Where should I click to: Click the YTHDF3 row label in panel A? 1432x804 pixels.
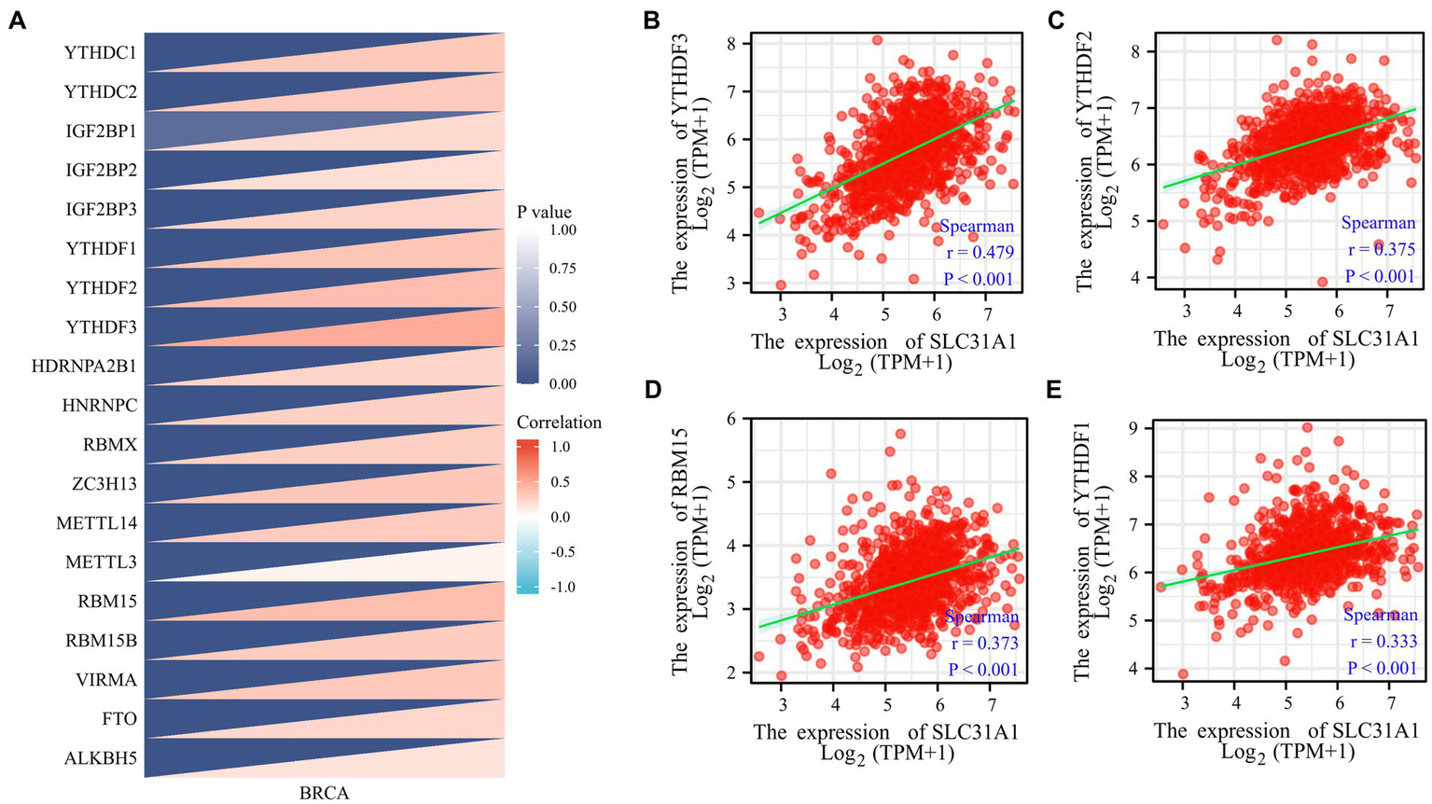point(101,327)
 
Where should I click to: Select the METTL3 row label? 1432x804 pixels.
point(101,562)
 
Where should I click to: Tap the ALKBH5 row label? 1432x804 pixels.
point(100,758)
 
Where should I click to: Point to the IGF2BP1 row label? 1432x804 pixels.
point(100,132)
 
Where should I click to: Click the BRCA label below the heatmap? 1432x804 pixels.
point(324,794)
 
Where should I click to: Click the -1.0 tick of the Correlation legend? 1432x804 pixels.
point(562,587)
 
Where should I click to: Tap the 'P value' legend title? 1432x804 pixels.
point(544,212)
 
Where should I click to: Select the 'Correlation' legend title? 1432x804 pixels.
point(559,423)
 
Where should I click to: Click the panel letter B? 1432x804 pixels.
point(653,20)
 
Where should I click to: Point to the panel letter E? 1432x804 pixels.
point(1055,388)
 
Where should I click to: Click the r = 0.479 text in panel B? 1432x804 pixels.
point(977,252)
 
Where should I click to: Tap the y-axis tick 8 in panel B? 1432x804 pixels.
point(732,43)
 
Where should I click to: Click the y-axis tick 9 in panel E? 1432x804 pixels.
point(1134,428)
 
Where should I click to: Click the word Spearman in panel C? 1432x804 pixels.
point(1378,223)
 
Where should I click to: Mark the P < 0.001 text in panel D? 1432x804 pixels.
point(982,669)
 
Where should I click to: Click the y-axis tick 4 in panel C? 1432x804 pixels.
point(1134,277)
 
